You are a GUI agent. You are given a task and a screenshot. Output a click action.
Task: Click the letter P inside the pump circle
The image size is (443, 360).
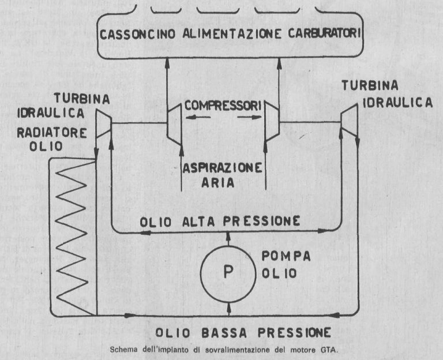click(x=229, y=272)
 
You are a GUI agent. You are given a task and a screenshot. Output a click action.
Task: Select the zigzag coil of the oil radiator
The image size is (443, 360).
click(x=73, y=237)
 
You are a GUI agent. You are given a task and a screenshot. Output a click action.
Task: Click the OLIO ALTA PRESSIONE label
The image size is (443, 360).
click(x=221, y=221)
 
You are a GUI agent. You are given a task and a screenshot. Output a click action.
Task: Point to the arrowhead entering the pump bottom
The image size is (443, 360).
click(x=229, y=307)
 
